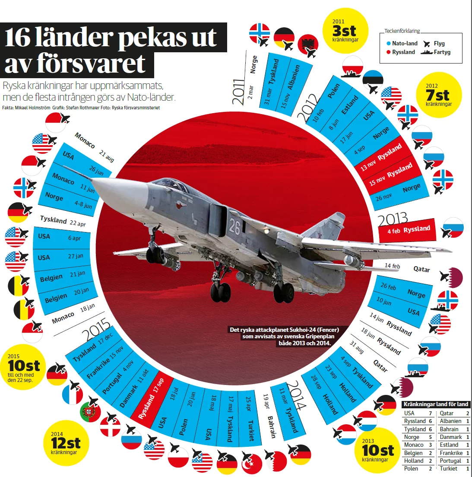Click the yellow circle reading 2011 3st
(x=345, y=31)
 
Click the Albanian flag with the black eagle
(x=308, y=45)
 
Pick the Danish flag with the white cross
(x=111, y=426)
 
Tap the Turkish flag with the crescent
(x=251, y=464)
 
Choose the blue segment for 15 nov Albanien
(x=295, y=82)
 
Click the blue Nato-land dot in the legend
(x=389, y=44)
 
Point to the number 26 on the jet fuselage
(x=234, y=226)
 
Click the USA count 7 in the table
(x=430, y=413)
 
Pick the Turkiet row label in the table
(x=449, y=468)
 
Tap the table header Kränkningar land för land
(x=436, y=404)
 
